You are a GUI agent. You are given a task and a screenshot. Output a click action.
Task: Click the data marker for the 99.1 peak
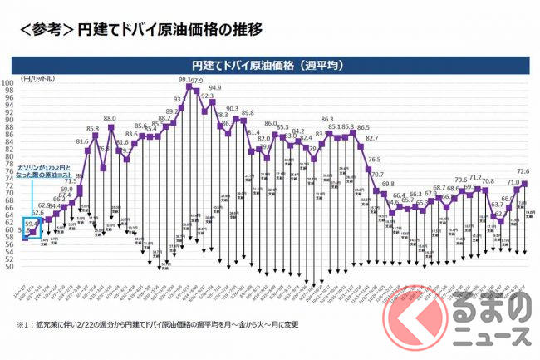[189, 86]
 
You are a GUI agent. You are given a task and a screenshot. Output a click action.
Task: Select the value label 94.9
[215, 88]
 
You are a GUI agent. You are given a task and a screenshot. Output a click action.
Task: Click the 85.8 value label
[93, 129]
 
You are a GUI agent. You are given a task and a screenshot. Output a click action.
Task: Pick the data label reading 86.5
[363, 129]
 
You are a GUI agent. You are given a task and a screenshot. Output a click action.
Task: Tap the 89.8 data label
[248, 112]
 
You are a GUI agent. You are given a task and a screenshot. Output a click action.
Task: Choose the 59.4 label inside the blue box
[31, 223]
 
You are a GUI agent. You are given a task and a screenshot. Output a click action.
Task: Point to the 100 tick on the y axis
[7, 83]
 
